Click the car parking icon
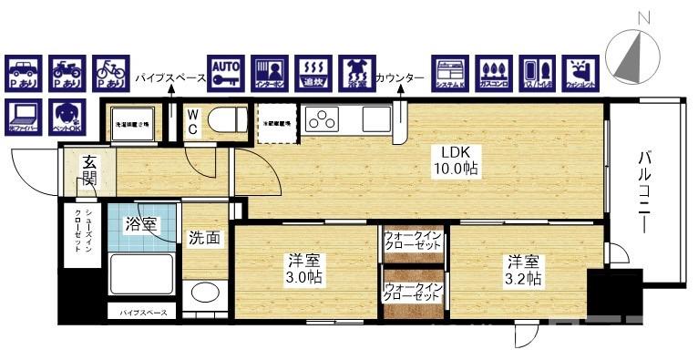tap(25, 72)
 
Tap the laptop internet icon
tap(25, 114)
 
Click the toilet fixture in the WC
tap(223, 118)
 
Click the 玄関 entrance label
tap(89, 170)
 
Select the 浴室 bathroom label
tap(140, 223)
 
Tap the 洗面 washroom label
tap(204, 239)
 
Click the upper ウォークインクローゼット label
tap(413, 241)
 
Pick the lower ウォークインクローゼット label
tap(413, 292)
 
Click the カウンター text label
tap(399, 79)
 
